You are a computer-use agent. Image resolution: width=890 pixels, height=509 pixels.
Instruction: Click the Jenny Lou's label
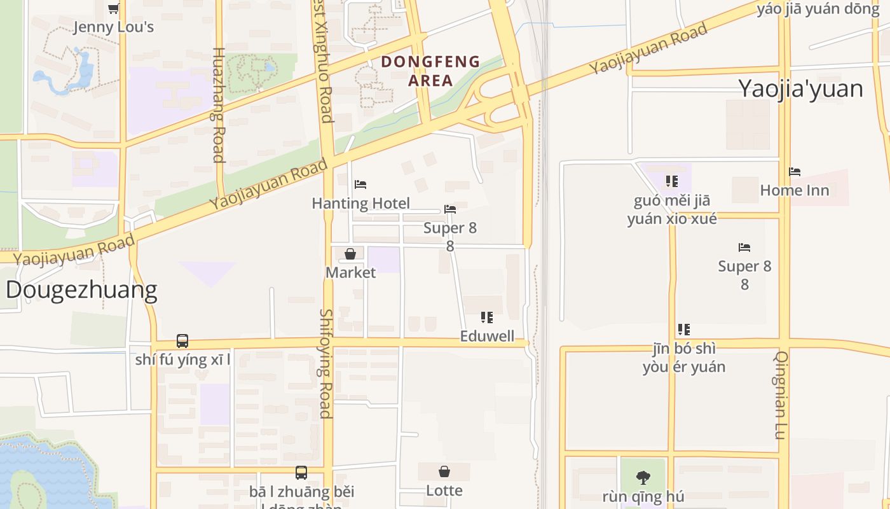point(114,27)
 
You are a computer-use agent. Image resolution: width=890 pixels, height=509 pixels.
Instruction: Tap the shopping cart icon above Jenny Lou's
point(114,8)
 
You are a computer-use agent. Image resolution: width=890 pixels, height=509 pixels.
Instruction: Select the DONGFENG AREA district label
point(430,71)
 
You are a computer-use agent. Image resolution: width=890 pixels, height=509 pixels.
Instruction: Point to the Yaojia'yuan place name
point(800,89)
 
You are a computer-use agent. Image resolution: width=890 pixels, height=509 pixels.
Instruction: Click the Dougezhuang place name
point(81,290)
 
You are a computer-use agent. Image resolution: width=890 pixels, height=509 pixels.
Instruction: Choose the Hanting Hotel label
point(360,204)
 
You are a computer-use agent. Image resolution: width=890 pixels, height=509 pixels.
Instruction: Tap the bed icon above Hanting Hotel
point(360,185)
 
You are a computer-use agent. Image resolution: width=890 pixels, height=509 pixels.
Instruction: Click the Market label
point(350,273)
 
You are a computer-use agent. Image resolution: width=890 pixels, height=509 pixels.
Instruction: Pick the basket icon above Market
point(350,254)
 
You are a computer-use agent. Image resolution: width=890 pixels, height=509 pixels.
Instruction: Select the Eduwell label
point(487,337)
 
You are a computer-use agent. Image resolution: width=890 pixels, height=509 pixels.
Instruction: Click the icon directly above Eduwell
point(487,317)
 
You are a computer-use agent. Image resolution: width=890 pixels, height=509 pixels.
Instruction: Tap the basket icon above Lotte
point(444,471)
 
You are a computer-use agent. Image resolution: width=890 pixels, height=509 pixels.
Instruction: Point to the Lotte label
point(444,491)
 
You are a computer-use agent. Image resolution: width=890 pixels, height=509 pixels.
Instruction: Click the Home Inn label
point(795,190)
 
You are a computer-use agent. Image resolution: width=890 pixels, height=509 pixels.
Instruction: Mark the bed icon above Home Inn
point(795,172)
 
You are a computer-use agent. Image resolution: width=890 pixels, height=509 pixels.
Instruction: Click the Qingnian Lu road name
point(781,395)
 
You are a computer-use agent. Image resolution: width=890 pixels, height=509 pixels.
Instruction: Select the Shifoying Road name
point(325,363)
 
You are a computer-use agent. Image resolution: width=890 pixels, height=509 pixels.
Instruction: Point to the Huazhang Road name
point(218,105)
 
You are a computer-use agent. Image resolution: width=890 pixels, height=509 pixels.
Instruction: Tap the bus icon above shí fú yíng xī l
point(182,341)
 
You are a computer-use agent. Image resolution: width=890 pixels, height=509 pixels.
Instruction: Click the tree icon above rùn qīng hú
point(643,477)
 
